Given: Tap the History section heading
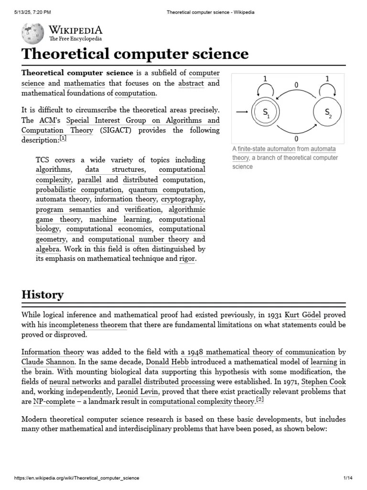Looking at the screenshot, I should point(43,294).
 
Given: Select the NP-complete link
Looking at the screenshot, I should point(54,401).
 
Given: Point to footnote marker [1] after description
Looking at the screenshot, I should point(63,139).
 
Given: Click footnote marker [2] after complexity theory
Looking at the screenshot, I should point(259,400).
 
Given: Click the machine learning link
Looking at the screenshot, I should point(120,220).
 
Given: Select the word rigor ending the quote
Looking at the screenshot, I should point(187,259).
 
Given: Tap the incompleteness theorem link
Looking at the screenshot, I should point(88,325).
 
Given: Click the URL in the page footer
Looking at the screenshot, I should point(77,478).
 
